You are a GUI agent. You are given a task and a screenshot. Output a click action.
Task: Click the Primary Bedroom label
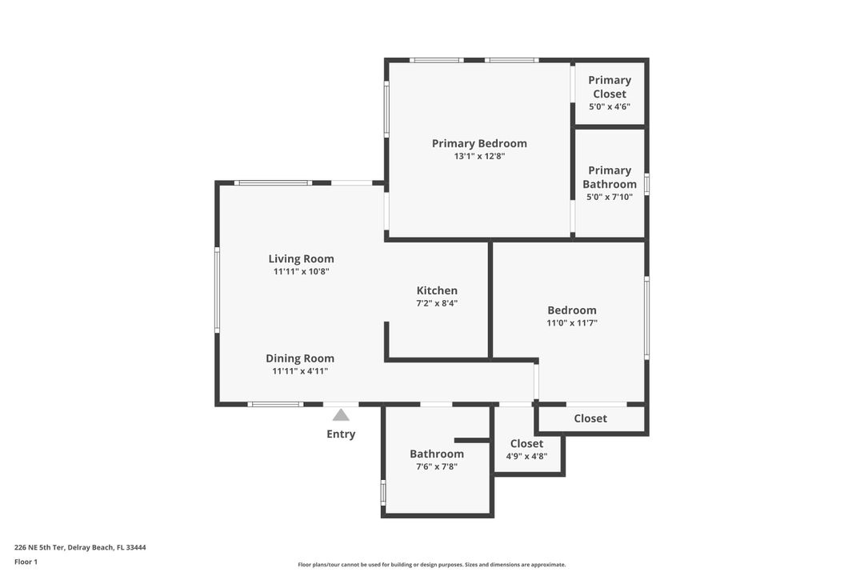coord(479,144)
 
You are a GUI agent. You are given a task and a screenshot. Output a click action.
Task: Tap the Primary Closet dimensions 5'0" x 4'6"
coord(610,106)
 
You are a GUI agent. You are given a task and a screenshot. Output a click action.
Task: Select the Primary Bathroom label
coord(610,177)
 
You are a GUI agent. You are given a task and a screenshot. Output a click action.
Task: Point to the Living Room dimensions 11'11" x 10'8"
coord(301,272)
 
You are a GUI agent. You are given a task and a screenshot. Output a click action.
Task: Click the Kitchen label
coord(437,290)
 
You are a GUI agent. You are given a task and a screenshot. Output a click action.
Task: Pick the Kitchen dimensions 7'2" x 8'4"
coord(437,303)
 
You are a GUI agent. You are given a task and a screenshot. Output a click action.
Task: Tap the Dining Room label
coord(300,358)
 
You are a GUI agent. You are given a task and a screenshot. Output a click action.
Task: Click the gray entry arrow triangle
coord(341,414)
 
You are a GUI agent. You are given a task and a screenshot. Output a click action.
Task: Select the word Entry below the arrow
coord(341,434)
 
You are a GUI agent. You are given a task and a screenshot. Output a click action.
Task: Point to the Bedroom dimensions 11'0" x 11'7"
coord(572,323)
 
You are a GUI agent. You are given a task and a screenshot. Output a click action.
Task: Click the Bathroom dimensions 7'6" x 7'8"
coord(437,466)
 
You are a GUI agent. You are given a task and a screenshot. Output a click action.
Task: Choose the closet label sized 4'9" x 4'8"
coord(526,443)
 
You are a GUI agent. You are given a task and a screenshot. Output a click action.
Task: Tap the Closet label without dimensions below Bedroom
coord(590,418)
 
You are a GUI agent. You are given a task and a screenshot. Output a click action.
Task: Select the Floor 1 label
coord(26,562)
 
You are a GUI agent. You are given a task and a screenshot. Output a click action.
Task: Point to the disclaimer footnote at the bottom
coord(432,565)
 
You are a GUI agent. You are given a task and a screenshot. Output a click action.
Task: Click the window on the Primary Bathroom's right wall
coord(647,184)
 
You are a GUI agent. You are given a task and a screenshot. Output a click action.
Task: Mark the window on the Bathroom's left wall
coord(383,492)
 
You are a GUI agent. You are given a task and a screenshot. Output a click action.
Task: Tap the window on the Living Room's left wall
coord(217,290)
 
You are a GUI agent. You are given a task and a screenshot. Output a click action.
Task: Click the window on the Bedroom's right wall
coord(647,318)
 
